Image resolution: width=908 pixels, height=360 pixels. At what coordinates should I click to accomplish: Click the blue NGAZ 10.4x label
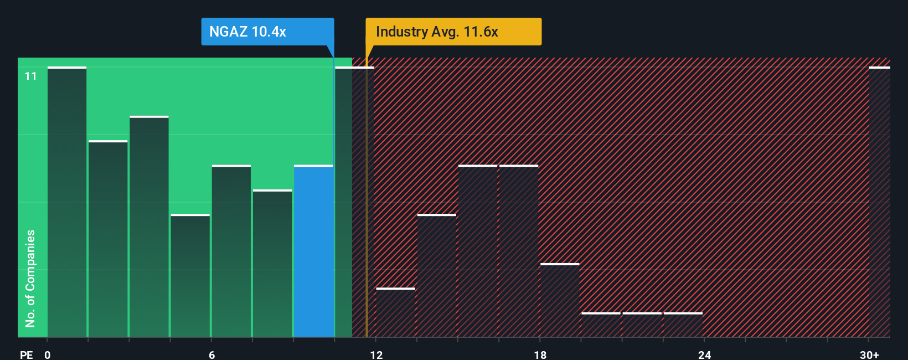(267, 32)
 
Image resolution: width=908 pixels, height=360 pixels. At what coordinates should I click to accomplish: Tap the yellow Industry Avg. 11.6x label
(453, 32)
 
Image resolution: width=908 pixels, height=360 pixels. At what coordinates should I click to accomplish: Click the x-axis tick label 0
(48, 354)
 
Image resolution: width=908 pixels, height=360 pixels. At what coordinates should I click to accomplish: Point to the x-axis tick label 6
(211, 354)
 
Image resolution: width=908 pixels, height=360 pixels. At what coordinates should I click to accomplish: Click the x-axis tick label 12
(376, 354)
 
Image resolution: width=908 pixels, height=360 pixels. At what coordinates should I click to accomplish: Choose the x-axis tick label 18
(540, 354)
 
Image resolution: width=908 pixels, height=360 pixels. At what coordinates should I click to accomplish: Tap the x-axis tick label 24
(704, 354)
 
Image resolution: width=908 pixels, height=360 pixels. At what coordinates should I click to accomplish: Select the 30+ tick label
(869, 354)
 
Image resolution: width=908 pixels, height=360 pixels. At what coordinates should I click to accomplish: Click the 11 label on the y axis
(30, 76)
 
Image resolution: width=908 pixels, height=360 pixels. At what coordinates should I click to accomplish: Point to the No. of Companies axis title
(30, 278)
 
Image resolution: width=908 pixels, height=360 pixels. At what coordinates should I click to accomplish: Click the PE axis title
(26, 354)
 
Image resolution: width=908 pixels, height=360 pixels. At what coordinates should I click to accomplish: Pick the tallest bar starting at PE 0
(67, 202)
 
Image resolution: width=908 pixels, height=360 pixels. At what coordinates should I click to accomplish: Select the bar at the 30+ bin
(879, 202)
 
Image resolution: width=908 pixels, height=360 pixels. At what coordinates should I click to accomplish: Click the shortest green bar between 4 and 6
(190, 275)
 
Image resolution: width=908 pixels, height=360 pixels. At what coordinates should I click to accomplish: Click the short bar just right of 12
(395, 312)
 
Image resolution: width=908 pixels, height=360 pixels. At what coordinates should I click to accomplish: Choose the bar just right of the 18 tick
(560, 300)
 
